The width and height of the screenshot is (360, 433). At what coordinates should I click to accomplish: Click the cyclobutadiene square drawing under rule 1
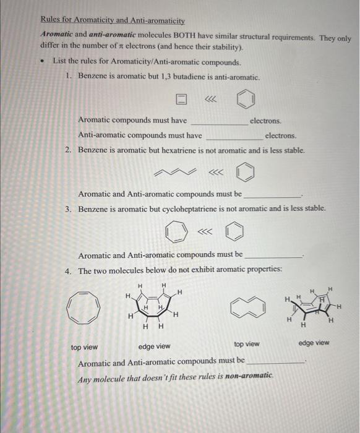tap(181, 99)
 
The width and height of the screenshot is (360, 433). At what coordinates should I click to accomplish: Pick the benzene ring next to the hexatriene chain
tap(245, 171)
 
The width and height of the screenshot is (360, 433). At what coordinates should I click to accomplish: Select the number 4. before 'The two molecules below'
tap(69, 270)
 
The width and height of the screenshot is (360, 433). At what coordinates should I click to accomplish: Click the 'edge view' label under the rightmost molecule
tap(314, 343)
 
